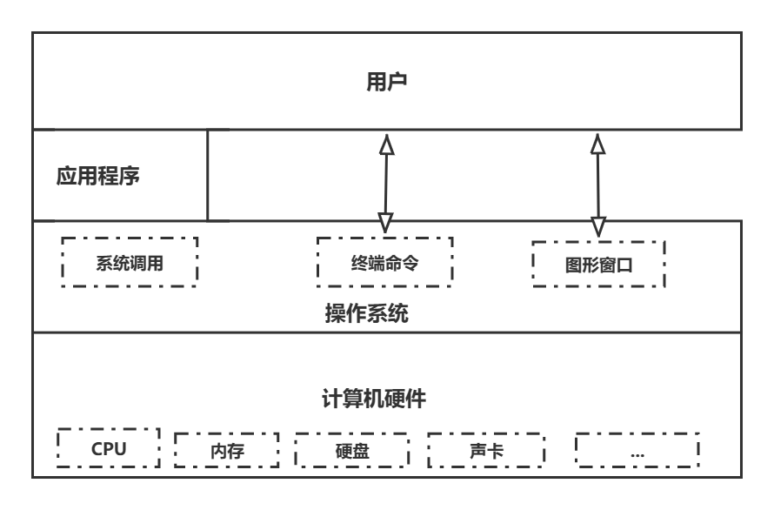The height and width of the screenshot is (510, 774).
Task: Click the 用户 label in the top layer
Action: click(387, 83)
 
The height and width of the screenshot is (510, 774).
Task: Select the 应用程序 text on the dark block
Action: click(97, 177)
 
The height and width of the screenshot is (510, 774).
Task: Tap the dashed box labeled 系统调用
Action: click(130, 262)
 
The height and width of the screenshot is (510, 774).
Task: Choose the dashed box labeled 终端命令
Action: click(384, 261)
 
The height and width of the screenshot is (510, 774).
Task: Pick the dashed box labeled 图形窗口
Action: click(598, 265)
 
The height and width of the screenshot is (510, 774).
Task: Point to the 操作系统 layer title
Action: click(366, 313)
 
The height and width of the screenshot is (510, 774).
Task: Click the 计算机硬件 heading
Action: click(373, 399)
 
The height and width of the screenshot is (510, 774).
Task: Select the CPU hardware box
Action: click(109, 449)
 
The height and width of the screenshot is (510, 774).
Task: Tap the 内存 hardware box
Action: click(227, 451)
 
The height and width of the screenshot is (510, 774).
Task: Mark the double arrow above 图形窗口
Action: click(598, 183)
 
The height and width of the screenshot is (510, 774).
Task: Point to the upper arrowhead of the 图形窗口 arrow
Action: click(598, 143)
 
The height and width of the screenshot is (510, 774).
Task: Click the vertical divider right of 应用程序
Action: click(208, 175)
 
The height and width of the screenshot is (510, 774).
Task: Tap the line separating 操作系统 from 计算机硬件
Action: click(387, 332)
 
